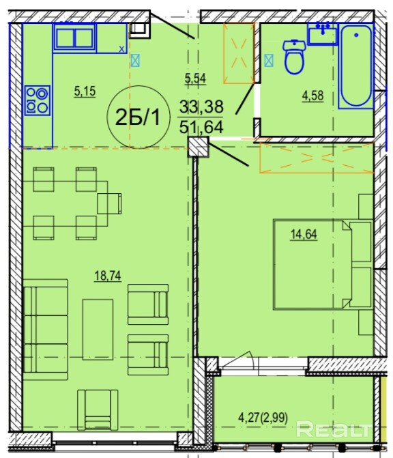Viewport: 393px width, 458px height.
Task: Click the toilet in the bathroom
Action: [294, 57]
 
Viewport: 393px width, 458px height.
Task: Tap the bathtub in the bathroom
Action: [356, 66]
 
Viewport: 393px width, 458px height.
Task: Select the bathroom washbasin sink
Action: [322, 33]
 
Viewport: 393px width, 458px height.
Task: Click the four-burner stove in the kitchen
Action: [38, 100]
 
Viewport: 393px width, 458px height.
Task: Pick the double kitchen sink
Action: [74, 38]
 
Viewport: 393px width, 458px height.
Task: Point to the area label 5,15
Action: [85, 91]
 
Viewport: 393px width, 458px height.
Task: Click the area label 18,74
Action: [107, 276]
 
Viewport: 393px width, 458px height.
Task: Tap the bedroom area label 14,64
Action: [304, 234]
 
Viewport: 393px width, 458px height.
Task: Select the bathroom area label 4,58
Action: [312, 96]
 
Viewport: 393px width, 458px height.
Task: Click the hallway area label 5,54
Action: [195, 78]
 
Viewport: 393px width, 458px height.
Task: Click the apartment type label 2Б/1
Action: [138, 117]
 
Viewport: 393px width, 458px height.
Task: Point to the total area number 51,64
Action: [201, 127]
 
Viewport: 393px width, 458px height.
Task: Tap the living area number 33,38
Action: [201, 106]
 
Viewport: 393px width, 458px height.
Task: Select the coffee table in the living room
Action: [98, 329]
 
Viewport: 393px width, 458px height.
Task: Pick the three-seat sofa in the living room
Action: [46, 330]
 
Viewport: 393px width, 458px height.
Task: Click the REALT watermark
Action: [333, 429]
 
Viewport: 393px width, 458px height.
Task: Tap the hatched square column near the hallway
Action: [198, 147]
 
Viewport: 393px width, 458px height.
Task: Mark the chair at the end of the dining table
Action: [109, 203]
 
